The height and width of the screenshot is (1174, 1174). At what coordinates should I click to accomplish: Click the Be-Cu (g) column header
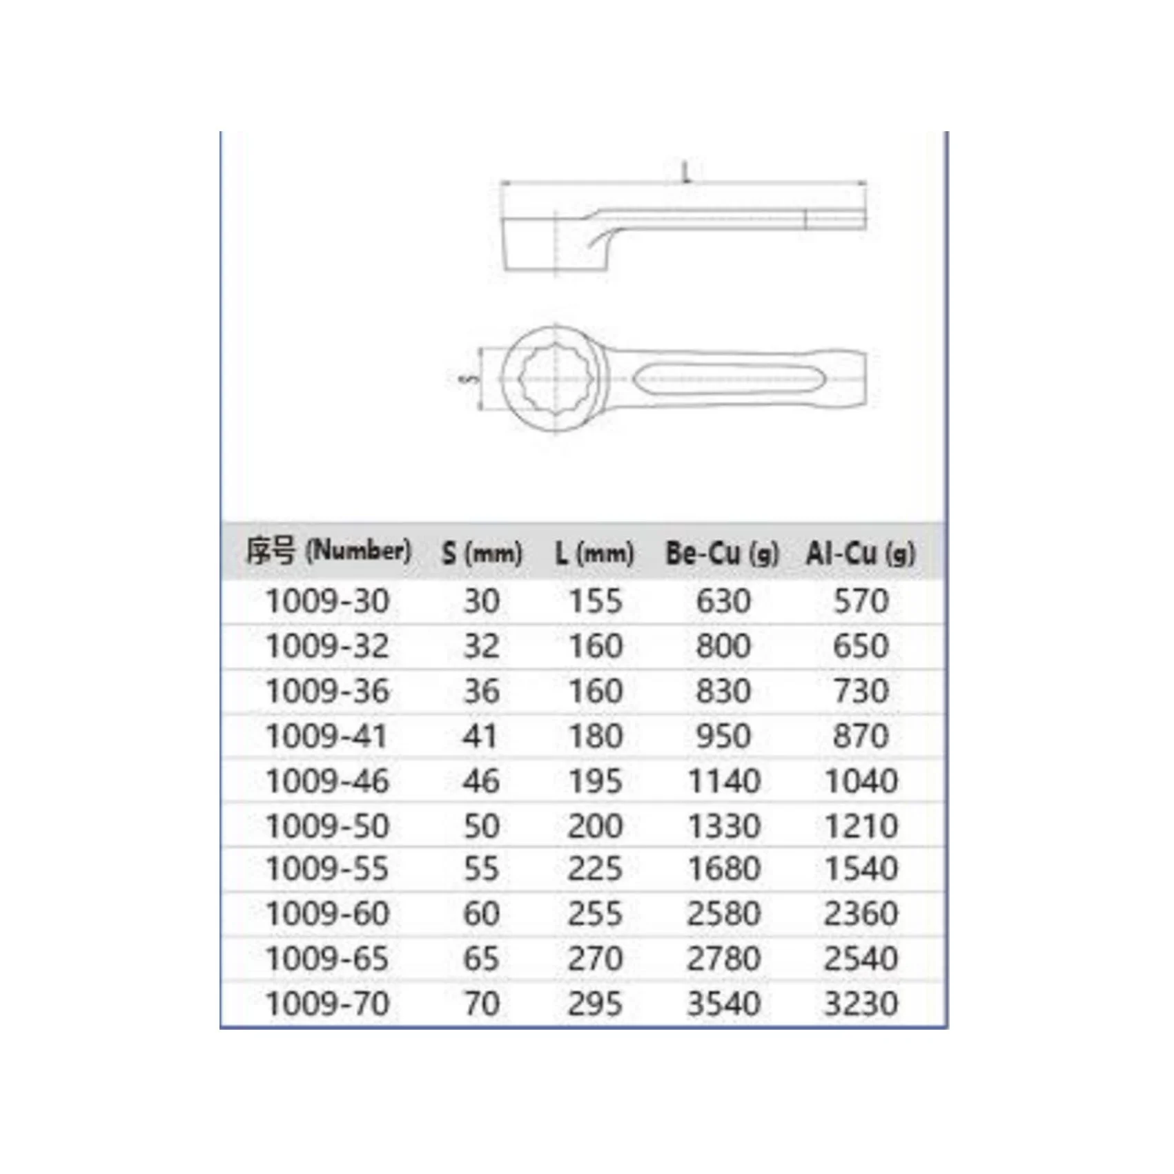(722, 553)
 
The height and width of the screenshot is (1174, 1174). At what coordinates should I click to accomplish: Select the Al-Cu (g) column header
(860, 553)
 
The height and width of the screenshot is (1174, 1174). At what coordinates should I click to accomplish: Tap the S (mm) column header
(481, 553)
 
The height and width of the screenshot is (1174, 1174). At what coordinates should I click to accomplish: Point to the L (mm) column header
(594, 553)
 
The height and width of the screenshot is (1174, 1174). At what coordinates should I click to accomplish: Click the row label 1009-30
(327, 600)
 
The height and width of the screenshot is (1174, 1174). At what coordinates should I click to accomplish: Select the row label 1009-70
(327, 1004)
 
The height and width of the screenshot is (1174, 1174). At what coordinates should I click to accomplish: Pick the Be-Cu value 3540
(723, 1004)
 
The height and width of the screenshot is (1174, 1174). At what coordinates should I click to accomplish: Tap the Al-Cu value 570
(861, 600)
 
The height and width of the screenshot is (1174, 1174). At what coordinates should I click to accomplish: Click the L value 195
(595, 781)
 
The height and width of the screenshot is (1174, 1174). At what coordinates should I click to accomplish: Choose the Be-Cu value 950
(723, 736)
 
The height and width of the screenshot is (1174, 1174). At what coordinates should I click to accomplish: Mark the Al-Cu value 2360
(861, 914)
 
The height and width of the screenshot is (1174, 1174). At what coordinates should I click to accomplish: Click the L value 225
(595, 868)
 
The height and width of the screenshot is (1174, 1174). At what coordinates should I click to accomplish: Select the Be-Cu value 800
(723, 646)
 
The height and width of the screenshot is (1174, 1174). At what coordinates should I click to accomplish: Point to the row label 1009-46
(327, 781)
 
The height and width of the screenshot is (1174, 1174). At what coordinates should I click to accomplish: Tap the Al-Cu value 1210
(861, 825)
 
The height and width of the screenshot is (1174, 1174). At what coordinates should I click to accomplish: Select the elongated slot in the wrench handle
(727, 379)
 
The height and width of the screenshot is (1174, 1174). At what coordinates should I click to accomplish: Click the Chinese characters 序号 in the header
(272, 551)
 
